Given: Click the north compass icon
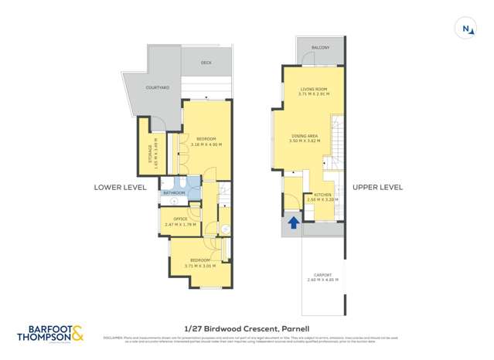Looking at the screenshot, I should coord(466,29).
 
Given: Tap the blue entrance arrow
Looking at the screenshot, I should coord(294,223).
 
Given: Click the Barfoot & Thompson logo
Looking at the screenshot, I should coord(51,333).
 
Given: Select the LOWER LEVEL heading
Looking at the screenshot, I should coord(119,187).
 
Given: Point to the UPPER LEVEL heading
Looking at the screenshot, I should coord(377,187).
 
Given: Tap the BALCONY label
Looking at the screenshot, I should coord(320,48).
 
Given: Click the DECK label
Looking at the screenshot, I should coord(206,63).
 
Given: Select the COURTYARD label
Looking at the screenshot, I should coord(158,88).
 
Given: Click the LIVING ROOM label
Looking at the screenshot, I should coord(315,90).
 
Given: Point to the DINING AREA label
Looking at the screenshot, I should coord(304,136).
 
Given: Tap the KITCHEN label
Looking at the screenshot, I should coord(323,194).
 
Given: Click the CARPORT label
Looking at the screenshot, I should coord(323,275).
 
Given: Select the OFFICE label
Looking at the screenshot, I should coord(181,219).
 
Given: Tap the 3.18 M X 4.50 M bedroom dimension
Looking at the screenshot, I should coord(206,144).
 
